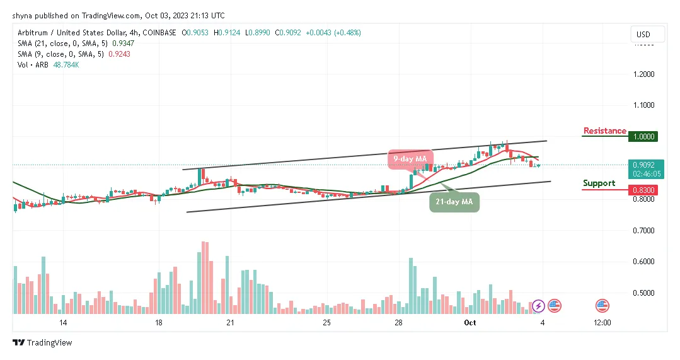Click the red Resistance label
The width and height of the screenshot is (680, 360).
pos(604,131)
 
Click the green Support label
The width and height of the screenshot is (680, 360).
pos(599,183)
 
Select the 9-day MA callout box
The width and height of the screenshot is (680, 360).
pos(406,160)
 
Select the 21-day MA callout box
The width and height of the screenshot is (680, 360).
pos(454,202)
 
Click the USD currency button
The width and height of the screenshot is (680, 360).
pos(643,34)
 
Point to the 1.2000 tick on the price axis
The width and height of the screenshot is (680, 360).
pos(643,74)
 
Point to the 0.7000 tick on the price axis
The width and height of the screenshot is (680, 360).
pos(643,231)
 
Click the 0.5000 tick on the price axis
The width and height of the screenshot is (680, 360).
pos(643,293)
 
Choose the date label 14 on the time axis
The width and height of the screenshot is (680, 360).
pos(63,323)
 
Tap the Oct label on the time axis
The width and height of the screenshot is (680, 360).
pos(470,323)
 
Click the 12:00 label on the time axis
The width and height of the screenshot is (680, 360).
pos(602,323)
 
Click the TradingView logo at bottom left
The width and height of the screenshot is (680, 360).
pos(42,342)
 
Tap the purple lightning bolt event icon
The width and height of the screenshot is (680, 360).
pos(538,306)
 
